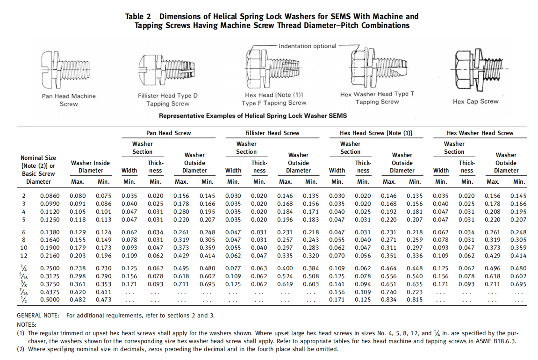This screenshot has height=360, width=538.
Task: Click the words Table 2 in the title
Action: tap(138, 16)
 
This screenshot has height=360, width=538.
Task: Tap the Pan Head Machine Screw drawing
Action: tap(69, 70)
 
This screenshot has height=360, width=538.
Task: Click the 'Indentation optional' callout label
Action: tap(308, 46)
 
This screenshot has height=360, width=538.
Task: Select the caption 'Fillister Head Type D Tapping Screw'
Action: tap(168, 100)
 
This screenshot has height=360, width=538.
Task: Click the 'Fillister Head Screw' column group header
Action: tap(272, 133)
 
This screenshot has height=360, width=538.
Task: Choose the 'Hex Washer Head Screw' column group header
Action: tap(480, 133)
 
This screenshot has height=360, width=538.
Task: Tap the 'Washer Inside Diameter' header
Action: tap(90, 166)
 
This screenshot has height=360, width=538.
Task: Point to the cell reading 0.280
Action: tap(181, 212)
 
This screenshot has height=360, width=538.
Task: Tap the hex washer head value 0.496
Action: tap(493, 268)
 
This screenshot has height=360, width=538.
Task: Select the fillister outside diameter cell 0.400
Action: tap(285, 268)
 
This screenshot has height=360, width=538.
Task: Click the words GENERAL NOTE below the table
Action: tap(38, 316)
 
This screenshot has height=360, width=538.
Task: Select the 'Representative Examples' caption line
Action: tap(253, 115)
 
